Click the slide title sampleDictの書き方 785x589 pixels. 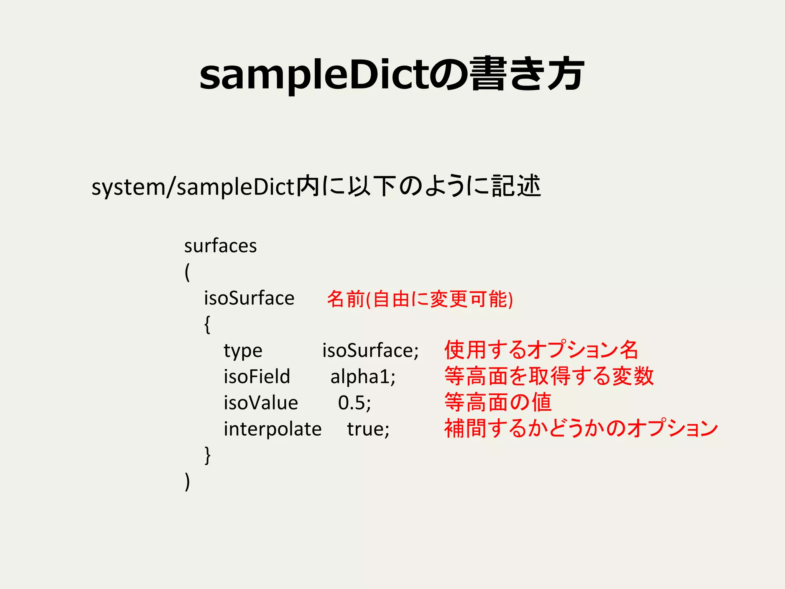click(392, 74)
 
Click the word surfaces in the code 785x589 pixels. click(220, 246)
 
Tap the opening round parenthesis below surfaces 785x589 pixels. click(187, 273)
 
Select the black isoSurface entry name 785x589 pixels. click(249, 298)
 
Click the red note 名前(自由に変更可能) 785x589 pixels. click(420, 299)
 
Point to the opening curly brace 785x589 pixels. click(207, 324)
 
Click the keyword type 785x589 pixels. click(243, 351)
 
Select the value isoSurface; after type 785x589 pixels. click(370, 350)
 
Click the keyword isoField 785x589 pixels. click(257, 376)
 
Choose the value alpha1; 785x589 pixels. click(363, 377)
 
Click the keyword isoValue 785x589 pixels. click(261, 403)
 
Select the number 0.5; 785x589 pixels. click(355, 403)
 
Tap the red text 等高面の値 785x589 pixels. click(498, 402)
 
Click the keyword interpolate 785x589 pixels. click(273, 429)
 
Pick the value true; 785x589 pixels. click(368, 429)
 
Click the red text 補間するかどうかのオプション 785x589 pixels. click(581, 428)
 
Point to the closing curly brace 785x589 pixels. click(207, 455)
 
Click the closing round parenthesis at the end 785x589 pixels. click(187, 482)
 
